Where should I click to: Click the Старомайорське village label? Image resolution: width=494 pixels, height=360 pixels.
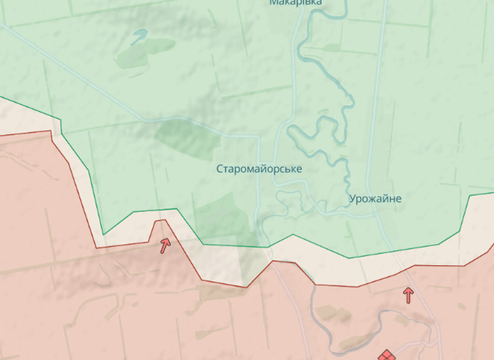tap(259, 169)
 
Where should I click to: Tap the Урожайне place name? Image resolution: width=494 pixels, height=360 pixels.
tap(375, 199)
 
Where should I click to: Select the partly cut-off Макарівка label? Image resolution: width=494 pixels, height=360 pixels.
tap(296, 3)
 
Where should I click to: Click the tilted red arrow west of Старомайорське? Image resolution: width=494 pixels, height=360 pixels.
tap(164, 245)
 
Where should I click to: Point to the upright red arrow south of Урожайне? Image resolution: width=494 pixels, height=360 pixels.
tap(408, 295)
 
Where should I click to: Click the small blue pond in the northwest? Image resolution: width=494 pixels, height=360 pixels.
tap(140, 35)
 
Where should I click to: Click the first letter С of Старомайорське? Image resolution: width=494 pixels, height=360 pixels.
tap(220, 169)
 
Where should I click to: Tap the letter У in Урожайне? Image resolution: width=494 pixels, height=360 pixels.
tap(352, 199)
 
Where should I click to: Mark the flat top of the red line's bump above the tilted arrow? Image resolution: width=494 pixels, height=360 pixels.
tap(160, 220)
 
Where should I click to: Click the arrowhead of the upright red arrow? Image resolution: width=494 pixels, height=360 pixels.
tap(408, 291)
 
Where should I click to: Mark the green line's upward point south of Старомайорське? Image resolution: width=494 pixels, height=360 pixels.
tap(292, 235)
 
